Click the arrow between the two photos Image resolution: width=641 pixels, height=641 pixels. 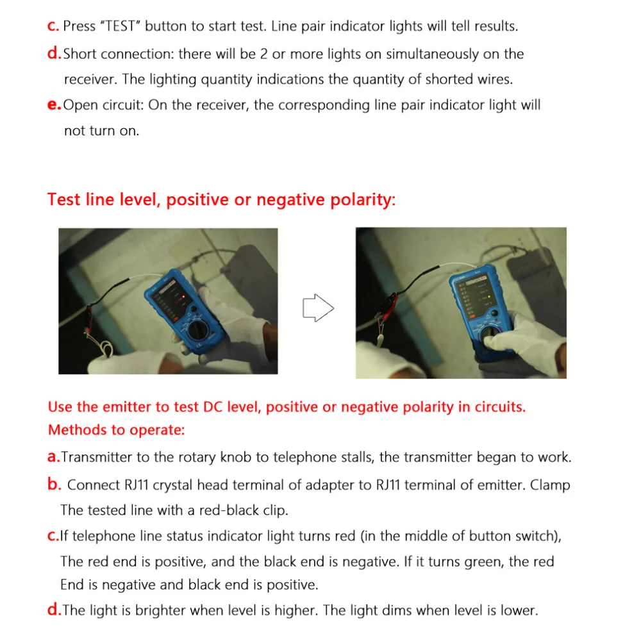pos(318,308)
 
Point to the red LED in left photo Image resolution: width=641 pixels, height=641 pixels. pos(183,296)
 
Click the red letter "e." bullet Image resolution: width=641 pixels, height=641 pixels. pos(54,104)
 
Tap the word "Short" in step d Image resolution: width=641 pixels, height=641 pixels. pos(79,54)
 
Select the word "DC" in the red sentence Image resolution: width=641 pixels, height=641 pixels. pos(213,407)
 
